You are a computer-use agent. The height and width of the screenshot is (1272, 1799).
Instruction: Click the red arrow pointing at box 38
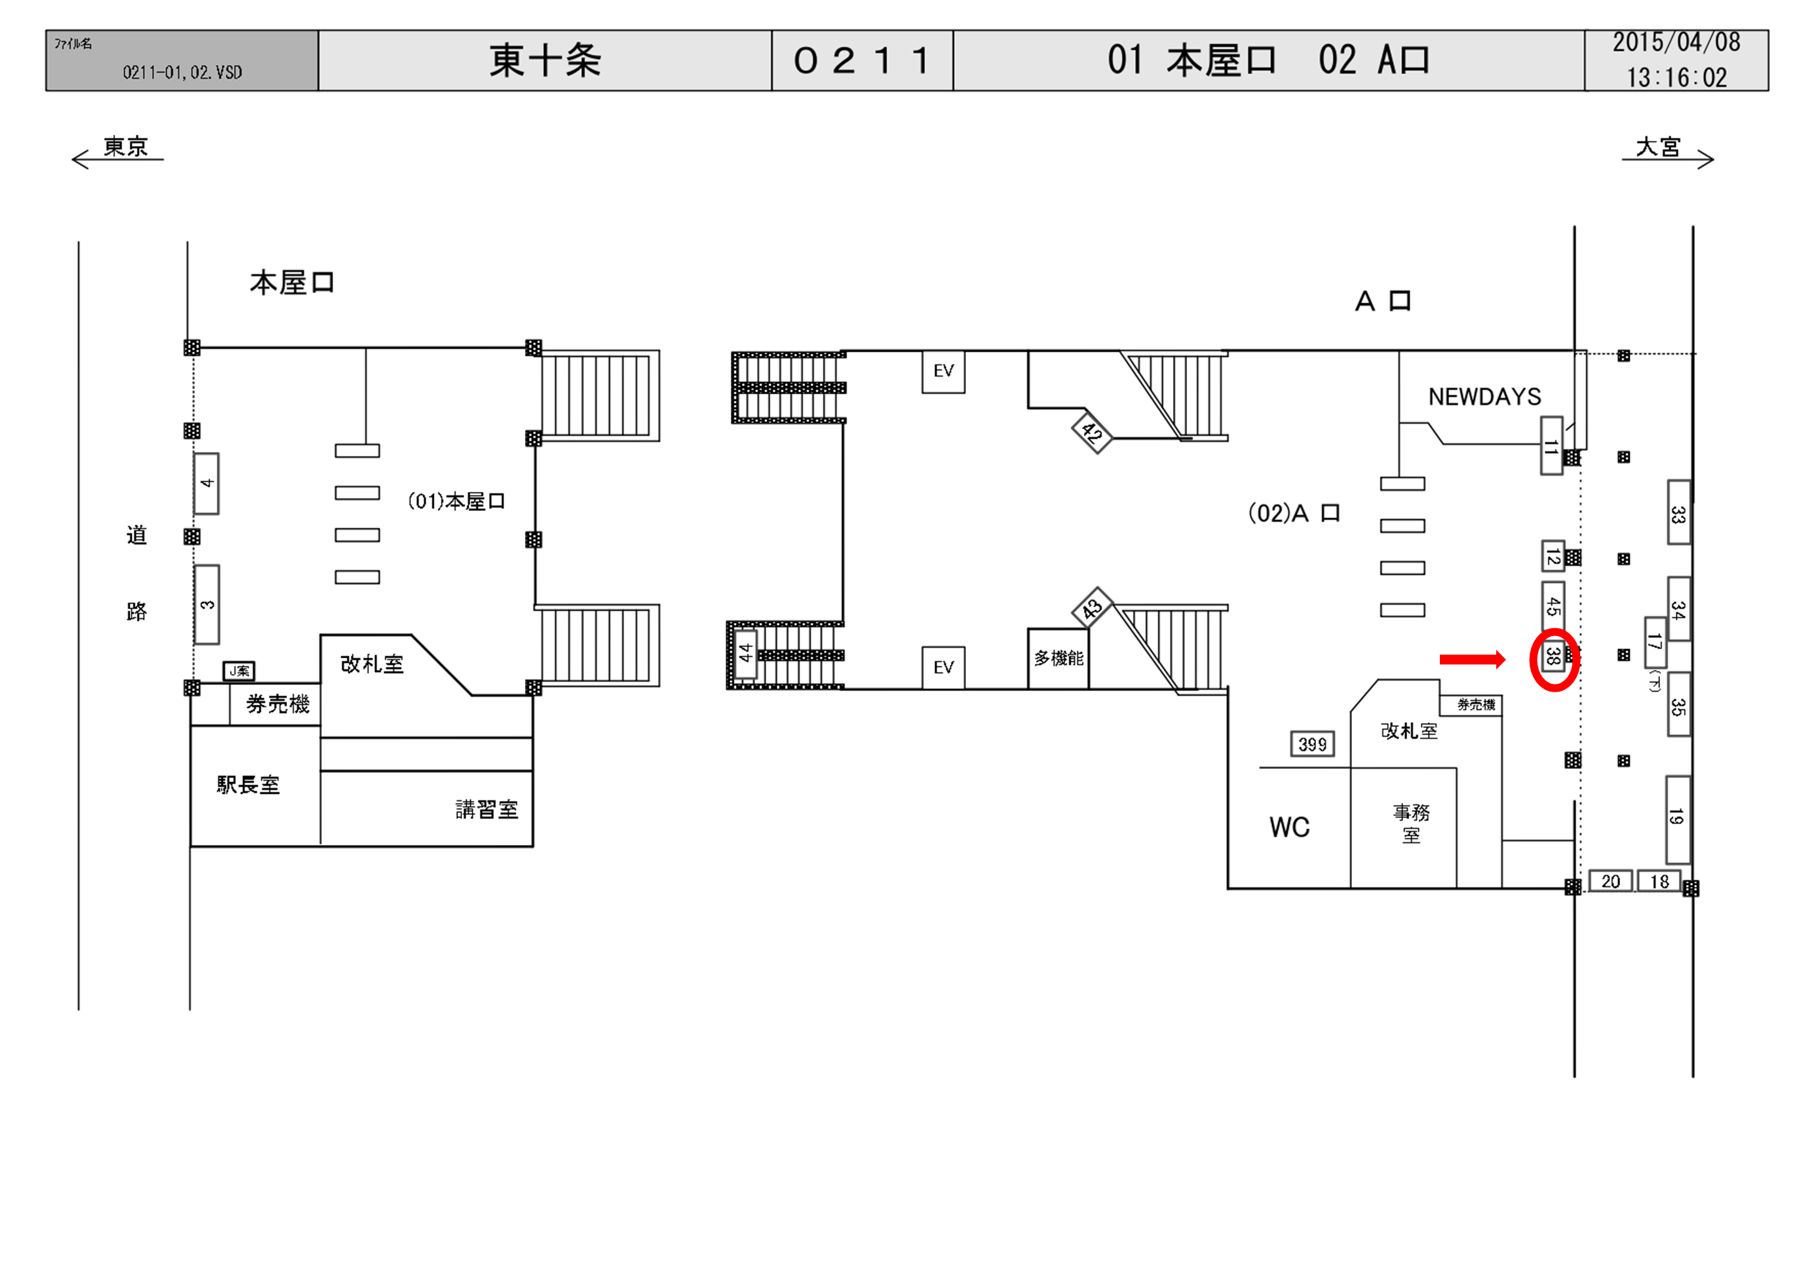click(1471, 660)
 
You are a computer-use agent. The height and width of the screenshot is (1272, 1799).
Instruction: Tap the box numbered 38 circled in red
click(1552, 656)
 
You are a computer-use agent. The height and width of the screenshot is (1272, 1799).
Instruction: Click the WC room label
click(1289, 827)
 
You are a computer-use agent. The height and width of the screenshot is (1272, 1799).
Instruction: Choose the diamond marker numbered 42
click(1091, 432)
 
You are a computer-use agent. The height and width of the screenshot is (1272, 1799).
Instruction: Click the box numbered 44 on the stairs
click(745, 652)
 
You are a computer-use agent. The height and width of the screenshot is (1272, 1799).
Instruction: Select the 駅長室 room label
click(248, 785)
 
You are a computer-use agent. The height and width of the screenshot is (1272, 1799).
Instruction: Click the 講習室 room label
click(486, 809)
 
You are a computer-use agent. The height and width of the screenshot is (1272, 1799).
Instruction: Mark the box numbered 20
click(1610, 881)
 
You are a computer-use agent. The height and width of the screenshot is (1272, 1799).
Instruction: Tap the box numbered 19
click(1676, 819)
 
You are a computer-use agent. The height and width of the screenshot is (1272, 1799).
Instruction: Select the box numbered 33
click(1678, 513)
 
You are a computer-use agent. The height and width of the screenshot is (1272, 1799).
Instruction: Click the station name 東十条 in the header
click(545, 60)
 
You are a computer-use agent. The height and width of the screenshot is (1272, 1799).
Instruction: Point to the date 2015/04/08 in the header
click(1675, 43)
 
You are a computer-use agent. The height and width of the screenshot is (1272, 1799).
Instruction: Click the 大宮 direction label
click(1658, 147)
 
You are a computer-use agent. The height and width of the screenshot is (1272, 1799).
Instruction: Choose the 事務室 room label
click(1411, 823)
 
